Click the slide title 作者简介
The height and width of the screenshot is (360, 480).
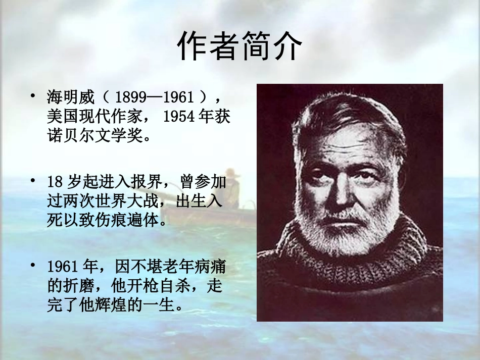point(239,46)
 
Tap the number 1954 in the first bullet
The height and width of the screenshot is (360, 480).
point(179,117)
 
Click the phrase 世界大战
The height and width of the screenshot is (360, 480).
point(133,201)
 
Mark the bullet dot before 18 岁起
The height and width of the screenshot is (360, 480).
point(33,180)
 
